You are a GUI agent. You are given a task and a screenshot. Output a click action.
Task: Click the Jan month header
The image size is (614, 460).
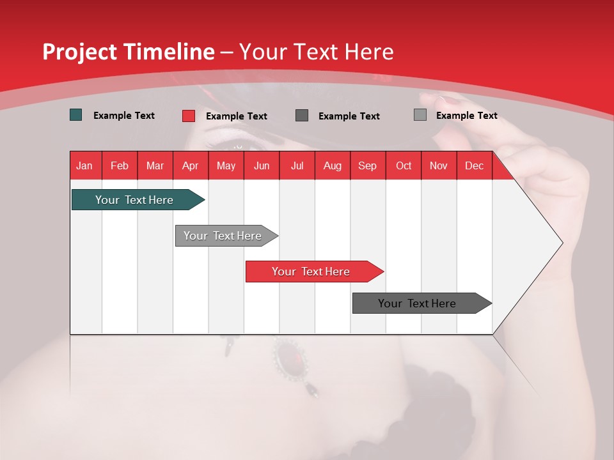tap(84, 165)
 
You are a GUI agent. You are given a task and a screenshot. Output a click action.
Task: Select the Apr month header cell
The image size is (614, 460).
tap(191, 165)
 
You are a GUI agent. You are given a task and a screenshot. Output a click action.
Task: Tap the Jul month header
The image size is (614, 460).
tap(297, 165)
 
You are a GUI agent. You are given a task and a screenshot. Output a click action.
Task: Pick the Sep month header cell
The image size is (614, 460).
tap(367, 165)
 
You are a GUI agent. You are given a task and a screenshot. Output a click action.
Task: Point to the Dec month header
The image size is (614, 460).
tap(474, 165)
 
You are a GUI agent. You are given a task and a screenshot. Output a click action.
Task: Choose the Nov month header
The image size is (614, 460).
tap(439, 165)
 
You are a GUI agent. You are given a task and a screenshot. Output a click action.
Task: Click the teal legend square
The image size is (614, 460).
tap(76, 115)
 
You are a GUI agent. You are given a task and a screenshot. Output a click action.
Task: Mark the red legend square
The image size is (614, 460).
tap(189, 116)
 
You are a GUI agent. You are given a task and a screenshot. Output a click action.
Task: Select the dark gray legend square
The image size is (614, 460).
tap(302, 115)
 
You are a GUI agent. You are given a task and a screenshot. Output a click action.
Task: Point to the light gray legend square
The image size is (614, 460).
tap(420, 115)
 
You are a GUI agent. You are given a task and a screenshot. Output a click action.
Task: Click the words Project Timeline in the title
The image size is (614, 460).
tap(128, 52)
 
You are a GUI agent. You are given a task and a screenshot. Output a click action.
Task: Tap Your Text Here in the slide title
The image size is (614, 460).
tap(316, 52)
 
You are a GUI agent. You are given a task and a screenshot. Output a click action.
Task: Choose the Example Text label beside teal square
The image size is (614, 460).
tap(124, 116)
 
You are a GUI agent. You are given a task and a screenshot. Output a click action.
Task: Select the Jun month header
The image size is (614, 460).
tap(262, 165)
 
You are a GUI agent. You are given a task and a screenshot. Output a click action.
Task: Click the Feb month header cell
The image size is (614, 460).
tap(120, 165)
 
